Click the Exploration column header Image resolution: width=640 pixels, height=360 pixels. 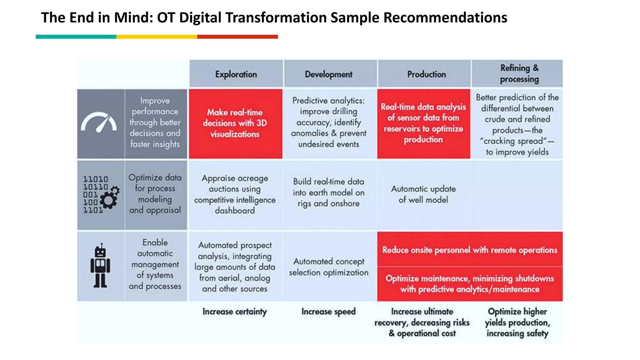coord(236,74)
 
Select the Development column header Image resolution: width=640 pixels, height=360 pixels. coord(328,74)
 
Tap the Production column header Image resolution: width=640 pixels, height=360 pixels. coord(426,74)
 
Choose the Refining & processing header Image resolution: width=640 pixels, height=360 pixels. coord(519,73)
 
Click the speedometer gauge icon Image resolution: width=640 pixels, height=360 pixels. coord(99,122)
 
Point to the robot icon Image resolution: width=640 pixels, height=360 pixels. coord(100,266)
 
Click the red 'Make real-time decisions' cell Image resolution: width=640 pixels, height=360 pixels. coord(235,123)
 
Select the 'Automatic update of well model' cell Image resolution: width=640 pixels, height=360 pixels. coord(423,194)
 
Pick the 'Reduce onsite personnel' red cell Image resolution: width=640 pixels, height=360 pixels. coord(469,250)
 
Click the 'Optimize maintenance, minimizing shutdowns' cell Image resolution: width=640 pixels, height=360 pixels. coord(469,284)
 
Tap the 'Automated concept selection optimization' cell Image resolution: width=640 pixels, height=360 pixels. coord(328,267)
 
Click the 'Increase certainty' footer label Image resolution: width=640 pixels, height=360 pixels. coord(234,312)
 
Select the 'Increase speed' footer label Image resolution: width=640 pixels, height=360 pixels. coord(328,312)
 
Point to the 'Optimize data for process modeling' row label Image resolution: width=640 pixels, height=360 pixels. coord(155,194)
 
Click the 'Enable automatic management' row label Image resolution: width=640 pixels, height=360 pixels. coord(155,264)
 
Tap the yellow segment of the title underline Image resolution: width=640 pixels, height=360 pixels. coord(157,37)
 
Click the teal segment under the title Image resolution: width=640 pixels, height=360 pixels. coord(76,37)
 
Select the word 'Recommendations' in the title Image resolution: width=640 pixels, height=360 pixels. coord(445,17)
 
